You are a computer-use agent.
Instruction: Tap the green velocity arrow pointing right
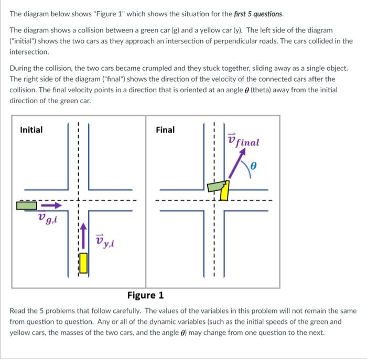[x=52, y=205]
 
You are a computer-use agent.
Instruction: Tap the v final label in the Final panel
[x=244, y=141]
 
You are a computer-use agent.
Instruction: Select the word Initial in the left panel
[x=31, y=130]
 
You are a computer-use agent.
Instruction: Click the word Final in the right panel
[x=165, y=130]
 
